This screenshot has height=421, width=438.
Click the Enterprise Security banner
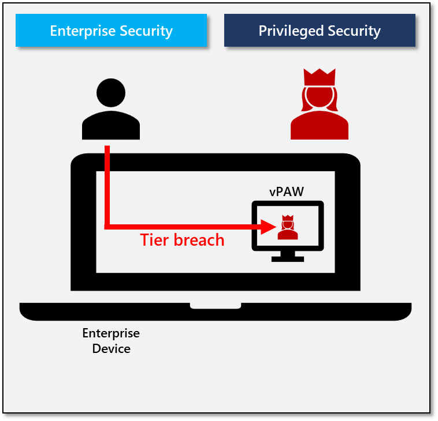[111, 31]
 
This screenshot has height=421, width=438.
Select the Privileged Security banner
[320, 31]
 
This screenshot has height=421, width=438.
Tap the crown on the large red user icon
[320, 77]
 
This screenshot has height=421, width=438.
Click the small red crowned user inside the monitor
[287, 228]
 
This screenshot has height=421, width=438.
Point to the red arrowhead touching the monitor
[269, 227]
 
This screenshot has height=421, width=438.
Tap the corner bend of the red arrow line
[107, 227]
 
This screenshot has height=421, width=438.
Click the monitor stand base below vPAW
[287, 259]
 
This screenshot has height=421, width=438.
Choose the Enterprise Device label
[111, 341]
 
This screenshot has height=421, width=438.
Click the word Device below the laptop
[111, 348]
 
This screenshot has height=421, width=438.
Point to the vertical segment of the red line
[107, 185]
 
